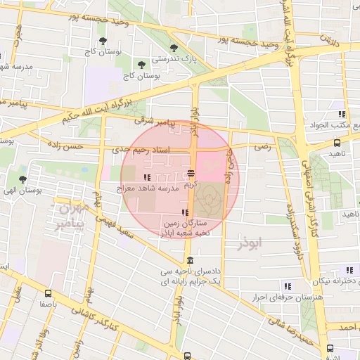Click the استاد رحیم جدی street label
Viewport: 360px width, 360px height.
coord(146,149)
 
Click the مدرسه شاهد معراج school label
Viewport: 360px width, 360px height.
coord(147,188)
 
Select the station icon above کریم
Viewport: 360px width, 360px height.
coord(191,172)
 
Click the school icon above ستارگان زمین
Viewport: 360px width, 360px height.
coord(185,212)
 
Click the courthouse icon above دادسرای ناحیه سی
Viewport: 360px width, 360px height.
coord(190,259)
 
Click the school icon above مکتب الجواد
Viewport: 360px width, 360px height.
coord(341,114)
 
